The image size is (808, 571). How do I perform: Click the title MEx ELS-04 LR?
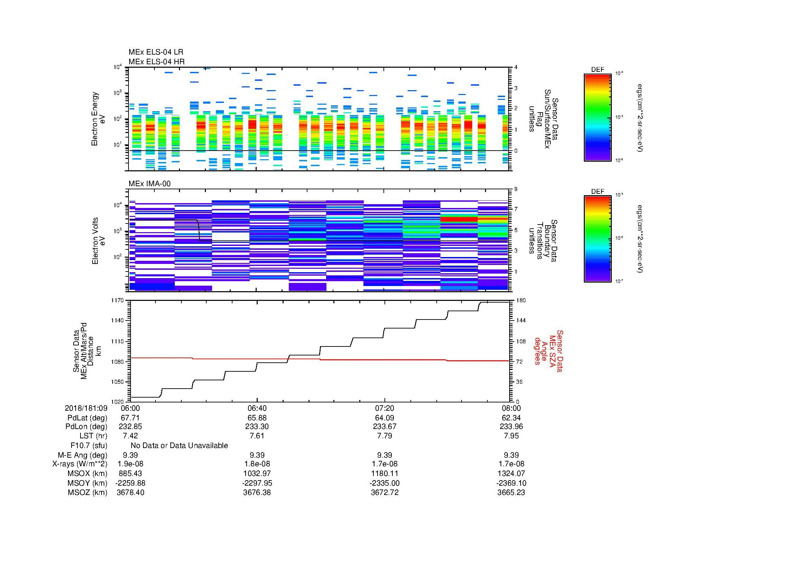155,52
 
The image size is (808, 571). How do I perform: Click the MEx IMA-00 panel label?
149,184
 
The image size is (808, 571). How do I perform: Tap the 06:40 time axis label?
257,408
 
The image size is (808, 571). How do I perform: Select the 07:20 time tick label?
384,408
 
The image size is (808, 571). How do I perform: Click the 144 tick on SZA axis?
521,321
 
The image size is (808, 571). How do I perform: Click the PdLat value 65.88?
257,418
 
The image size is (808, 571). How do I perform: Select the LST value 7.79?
384,436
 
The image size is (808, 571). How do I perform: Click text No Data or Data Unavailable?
179,446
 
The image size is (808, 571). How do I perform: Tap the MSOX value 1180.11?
384,474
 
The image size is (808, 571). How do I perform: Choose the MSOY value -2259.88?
130,483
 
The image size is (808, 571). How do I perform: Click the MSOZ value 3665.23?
511,493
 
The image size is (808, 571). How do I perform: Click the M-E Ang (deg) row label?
82,455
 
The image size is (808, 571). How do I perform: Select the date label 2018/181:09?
86,408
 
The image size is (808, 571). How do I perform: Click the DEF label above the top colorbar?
597,70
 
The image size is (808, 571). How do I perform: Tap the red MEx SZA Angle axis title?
548,351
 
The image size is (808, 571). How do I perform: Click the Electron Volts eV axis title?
98,241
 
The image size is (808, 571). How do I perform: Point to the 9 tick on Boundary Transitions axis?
516,189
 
